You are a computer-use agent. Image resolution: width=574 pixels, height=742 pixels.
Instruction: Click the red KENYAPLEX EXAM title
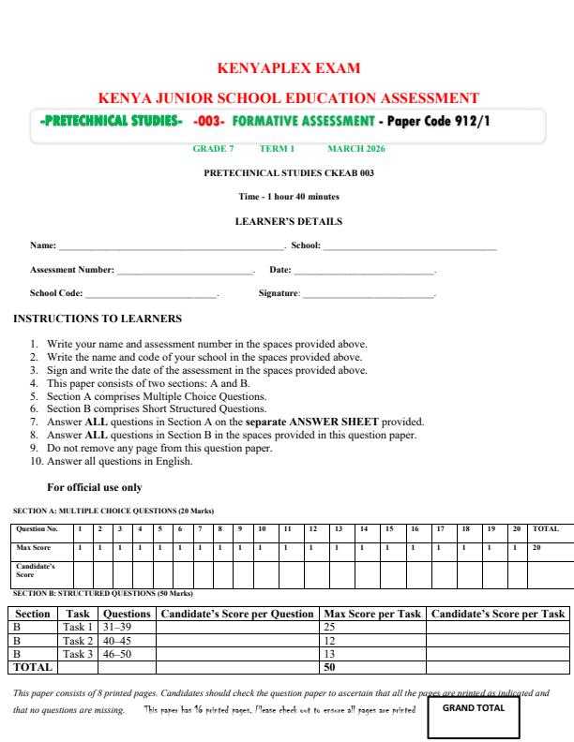coord(287,68)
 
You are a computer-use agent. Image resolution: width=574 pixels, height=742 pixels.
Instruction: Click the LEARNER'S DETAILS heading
coord(288,222)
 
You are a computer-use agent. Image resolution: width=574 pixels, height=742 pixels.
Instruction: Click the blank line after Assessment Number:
coord(185,272)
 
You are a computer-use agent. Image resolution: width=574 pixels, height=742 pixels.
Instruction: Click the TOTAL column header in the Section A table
coord(546,529)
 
